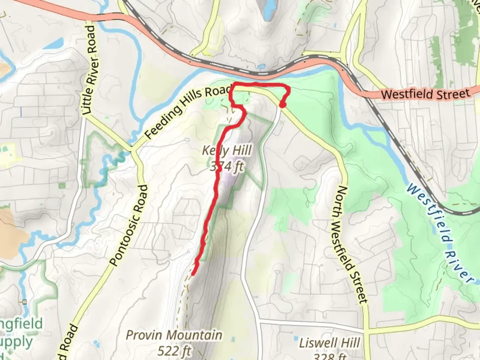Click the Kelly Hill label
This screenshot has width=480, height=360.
[x=227, y=151]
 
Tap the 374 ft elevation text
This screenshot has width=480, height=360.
[x=227, y=166]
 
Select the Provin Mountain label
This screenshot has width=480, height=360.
[x=174, y=335]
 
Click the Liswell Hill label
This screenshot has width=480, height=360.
[x=329, y=343]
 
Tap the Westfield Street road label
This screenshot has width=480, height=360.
[x=426, y=94]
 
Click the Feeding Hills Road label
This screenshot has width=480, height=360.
[x=189, y=112]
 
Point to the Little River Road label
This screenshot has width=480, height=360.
[x=90, y=70]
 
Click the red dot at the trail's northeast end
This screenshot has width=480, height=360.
[x=282, y=105]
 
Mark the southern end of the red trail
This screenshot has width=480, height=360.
[x=193, y=274]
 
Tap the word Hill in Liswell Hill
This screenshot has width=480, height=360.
[x=349, y=343]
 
